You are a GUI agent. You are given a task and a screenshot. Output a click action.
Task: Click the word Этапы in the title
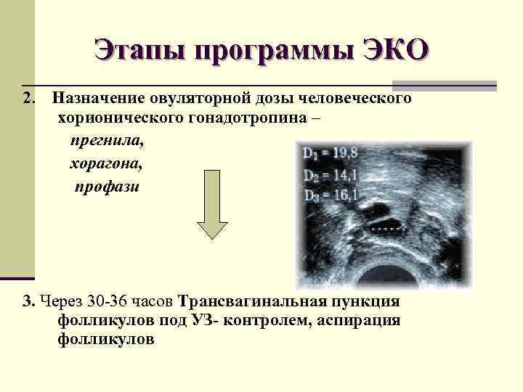point(138,51)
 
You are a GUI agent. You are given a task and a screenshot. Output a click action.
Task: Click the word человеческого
point(356,97)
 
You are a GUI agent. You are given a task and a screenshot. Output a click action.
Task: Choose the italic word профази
point(106,187)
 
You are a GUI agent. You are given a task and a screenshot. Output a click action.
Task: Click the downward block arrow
point(214,216)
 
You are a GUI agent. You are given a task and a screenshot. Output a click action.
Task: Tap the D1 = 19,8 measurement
point(331,153)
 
